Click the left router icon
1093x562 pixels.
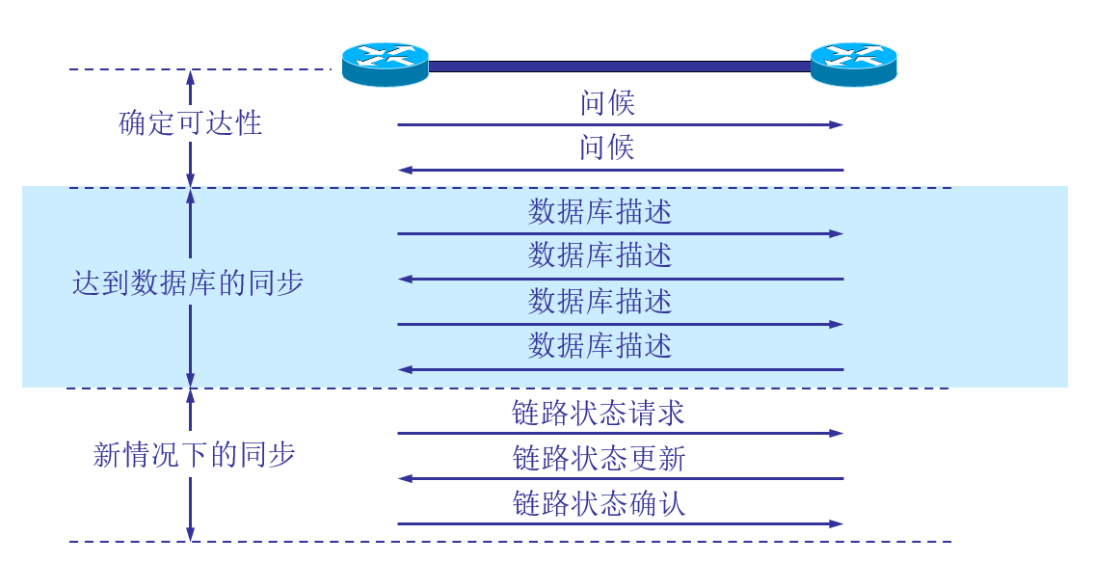385,65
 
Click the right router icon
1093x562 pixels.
853,65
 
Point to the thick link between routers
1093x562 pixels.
619,67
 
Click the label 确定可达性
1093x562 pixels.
191,123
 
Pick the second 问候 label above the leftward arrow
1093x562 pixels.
607,148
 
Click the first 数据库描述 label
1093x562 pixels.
600,212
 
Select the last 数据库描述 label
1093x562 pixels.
600,346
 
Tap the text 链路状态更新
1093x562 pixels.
599,459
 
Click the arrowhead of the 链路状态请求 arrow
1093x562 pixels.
837,434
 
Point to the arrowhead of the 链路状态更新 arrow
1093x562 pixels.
406,479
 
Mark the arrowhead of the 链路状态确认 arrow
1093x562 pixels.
837,524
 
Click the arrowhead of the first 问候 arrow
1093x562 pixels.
837,125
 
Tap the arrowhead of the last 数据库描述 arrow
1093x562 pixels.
406,369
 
